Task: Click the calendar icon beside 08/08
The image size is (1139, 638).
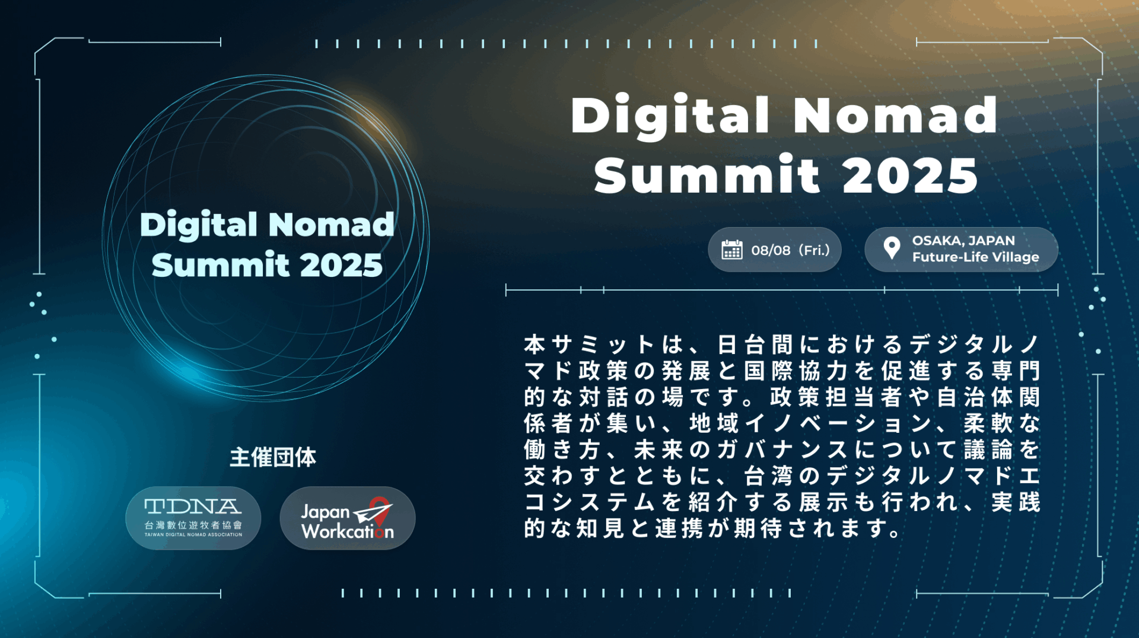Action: tap(731, 250)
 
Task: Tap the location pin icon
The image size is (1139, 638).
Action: tap(891, 248)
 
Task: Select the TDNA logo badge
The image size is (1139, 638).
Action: tap(193, 518)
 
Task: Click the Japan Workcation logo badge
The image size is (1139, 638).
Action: tap(347, 518)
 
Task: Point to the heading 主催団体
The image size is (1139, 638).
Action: tap(273, 457)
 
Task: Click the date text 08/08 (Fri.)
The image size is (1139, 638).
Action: tap(790, 250)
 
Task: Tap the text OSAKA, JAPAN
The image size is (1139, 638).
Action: tap(963, 241)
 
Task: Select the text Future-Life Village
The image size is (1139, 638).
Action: tap(975, 257)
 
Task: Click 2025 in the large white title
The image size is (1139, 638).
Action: tap(910, 176)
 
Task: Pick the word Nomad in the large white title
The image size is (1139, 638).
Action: tap(896, 115)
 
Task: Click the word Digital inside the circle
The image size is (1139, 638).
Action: tap(198, 225)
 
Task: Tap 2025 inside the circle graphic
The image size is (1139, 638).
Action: tap(341, 265)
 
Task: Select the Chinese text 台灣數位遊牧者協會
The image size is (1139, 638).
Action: tap(193, 525)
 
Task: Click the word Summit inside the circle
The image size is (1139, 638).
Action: tap(220, 265)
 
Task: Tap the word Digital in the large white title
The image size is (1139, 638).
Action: tap(670, 115)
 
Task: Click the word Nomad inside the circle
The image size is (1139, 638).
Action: tap(331, 225)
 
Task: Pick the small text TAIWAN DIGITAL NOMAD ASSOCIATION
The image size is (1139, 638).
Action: tap(193, 535)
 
